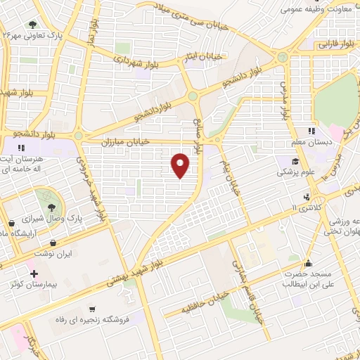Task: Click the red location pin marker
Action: tap(181, 165)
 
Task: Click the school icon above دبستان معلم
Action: tap(311, 131)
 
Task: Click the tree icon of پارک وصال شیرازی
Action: tap(53, 206)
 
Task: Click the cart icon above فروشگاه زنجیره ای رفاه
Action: tap(91, 309)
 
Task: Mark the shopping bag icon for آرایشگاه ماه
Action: tap(11, 224)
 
